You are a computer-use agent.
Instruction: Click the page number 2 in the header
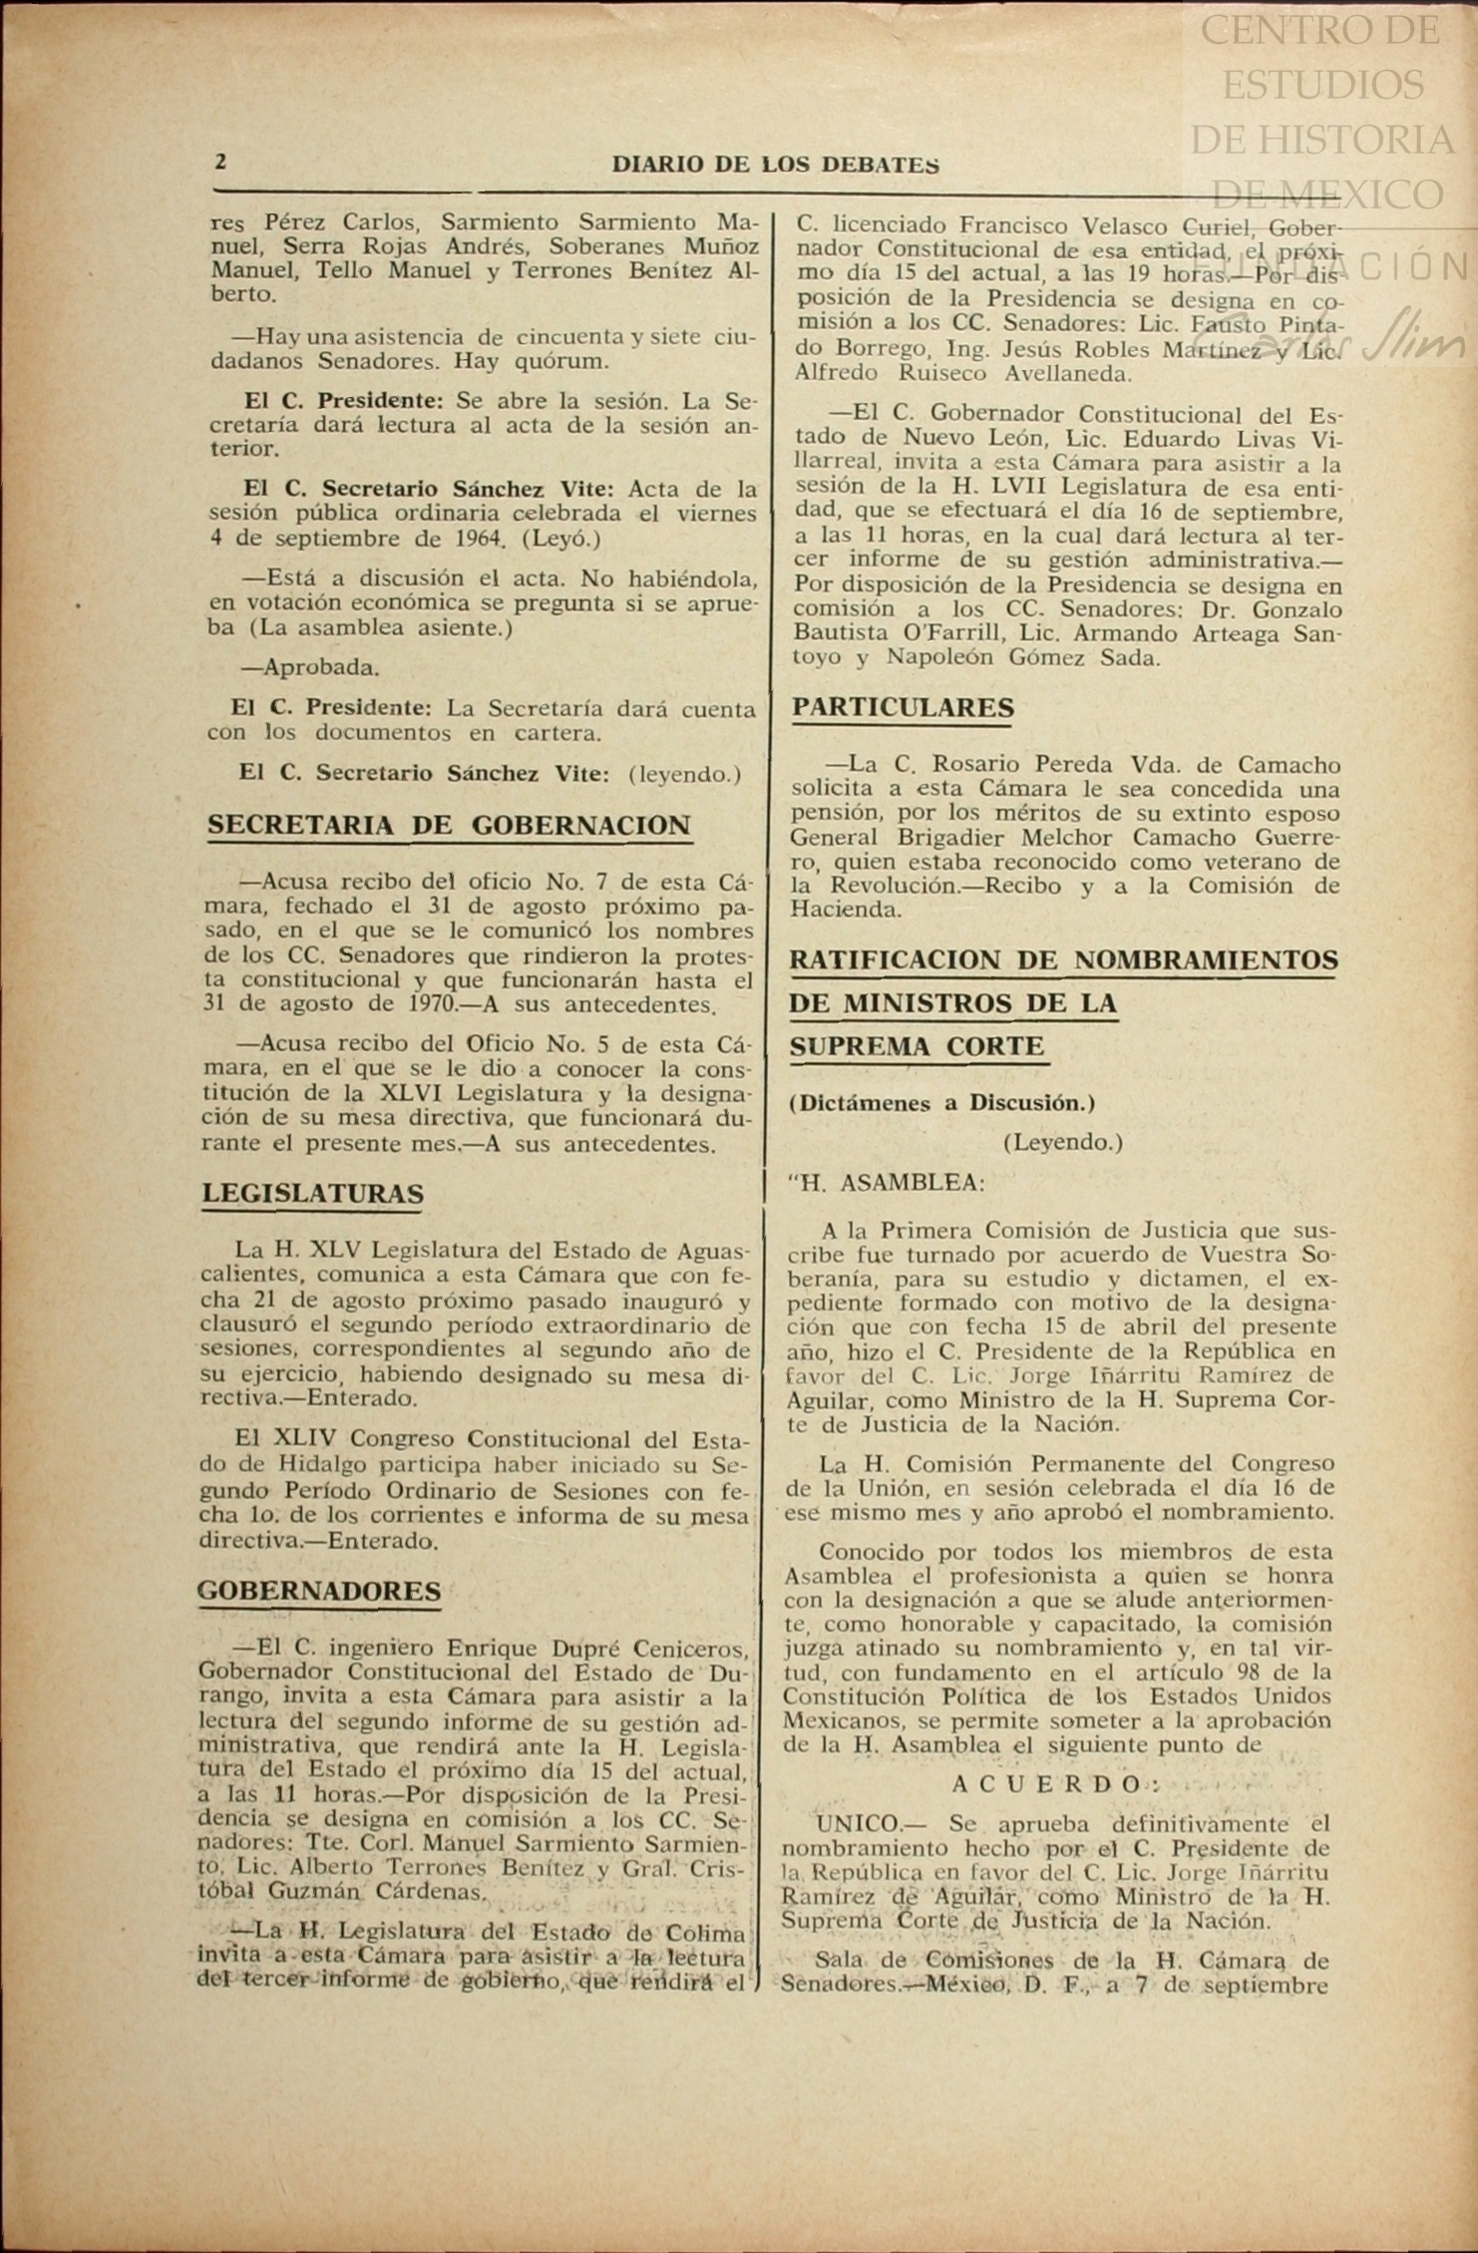click(220, 162)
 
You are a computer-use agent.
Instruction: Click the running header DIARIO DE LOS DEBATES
click(775, 166)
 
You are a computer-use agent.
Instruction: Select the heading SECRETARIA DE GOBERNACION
click(449, 826)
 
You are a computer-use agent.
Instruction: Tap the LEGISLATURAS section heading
click(313, 1194)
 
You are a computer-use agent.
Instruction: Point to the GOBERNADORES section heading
click(319, 1591)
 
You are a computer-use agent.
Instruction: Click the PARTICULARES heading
click(903, 708)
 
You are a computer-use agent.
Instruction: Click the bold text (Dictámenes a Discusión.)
click(941, 1104)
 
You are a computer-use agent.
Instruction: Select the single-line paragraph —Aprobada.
click(310, 668)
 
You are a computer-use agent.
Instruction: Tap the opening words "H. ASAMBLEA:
click(886, 1183)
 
